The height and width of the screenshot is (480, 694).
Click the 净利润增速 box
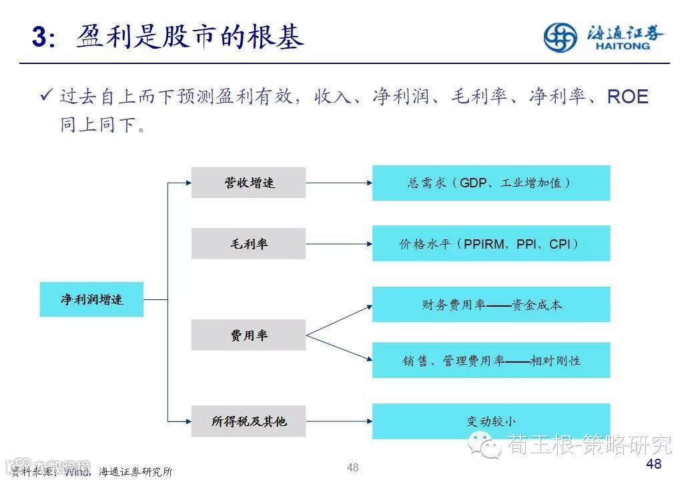(x=91, y=299)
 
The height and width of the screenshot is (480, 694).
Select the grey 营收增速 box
(x=248, y=183)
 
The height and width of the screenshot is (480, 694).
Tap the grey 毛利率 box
(x=248, y=244)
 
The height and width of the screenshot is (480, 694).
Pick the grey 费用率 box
(x=248, y=335)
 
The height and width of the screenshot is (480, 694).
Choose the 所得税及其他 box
(x=248, y=421)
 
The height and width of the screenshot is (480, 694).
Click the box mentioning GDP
(x=490, y=183)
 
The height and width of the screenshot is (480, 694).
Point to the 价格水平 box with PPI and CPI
(x=490, y=243)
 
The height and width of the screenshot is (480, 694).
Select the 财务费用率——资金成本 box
(x=490, y=305)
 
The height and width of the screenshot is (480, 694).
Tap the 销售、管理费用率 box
(x=490, y=361)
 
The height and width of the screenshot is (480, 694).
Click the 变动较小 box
(x=490, y=421)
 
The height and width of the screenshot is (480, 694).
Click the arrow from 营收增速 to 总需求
(x=338, y=182)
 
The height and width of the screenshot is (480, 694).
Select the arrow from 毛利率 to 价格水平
(x=338, y=243)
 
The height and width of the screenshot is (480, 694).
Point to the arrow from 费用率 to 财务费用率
(x=338, y=320)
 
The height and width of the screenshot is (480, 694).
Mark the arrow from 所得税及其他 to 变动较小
(x=338, y=421)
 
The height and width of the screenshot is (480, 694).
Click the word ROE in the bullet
(x=627, y=97)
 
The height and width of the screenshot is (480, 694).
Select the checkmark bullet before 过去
(x=46, y=97)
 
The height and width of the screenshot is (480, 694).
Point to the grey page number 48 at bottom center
(x=352, y=468)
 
